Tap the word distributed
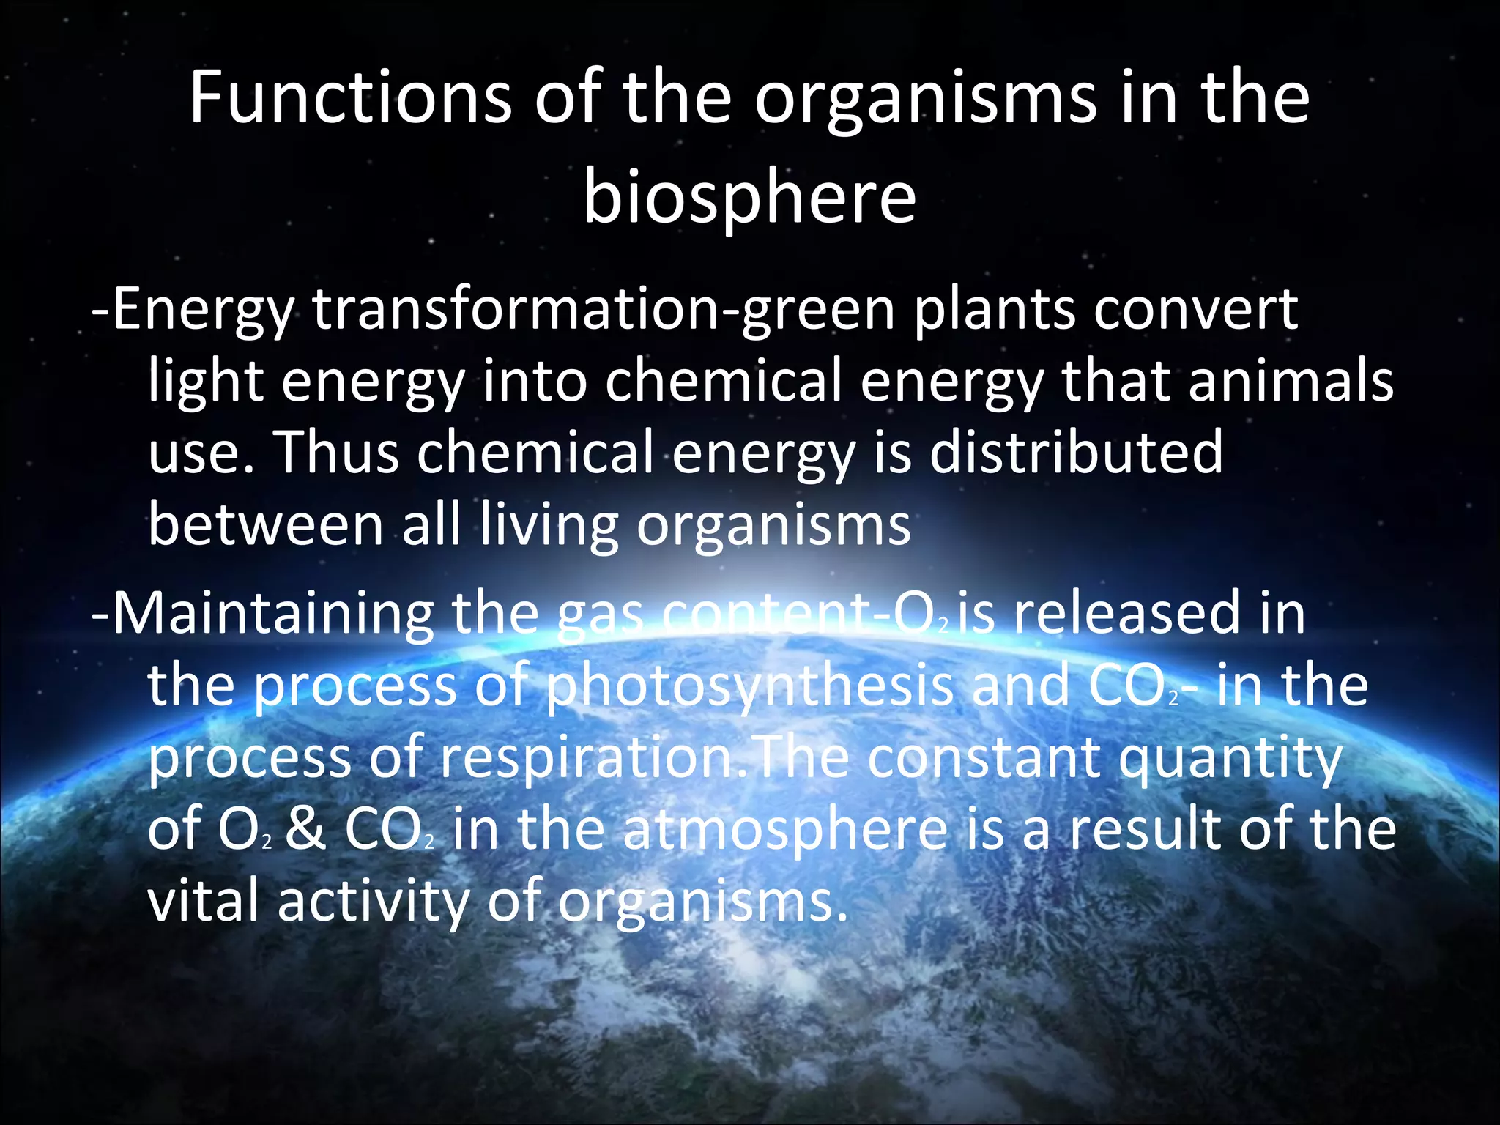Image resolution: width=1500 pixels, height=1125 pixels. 1076,452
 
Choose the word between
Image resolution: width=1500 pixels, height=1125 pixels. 266,524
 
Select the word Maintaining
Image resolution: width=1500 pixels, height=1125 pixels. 272,614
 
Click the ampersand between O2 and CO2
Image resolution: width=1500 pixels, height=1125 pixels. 305,830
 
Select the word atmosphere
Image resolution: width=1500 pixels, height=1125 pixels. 784,831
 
